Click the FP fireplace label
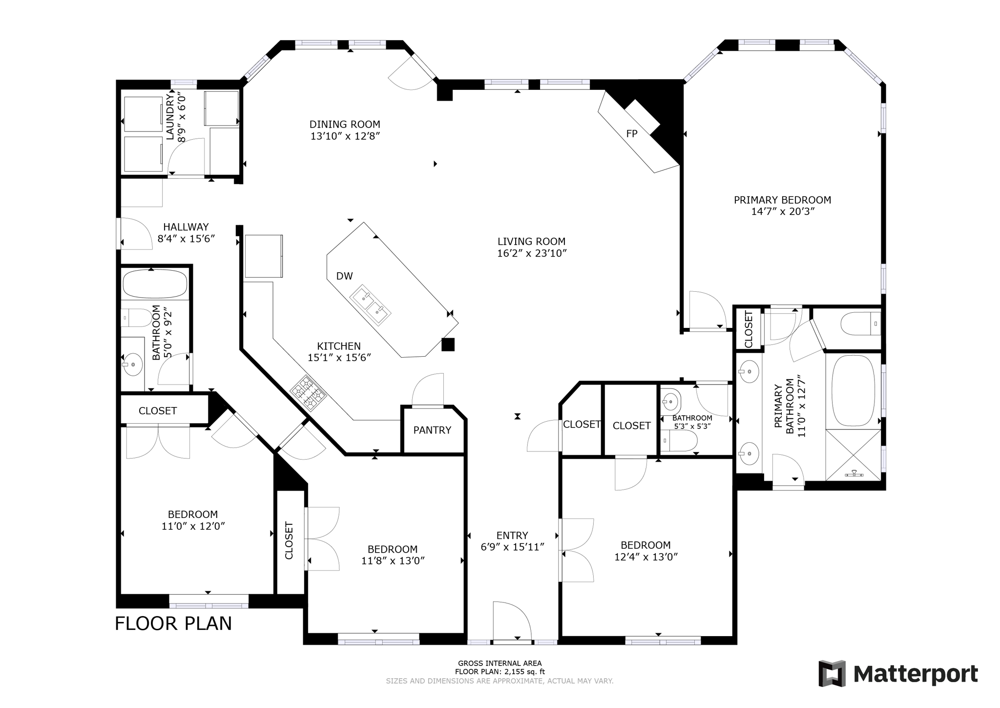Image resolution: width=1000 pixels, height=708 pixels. [x=631, y=133]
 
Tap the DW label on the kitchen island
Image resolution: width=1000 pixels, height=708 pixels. [x=344, y=276]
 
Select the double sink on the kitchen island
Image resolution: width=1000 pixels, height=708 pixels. [x=370, y=304]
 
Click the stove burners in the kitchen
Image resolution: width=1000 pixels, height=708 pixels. [x=308, y=392]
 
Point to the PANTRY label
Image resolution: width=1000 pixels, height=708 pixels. [x=432, y=430]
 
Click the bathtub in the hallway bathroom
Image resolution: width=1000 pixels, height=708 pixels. [x=155, y=283]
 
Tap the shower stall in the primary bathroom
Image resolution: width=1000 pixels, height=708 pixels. [x=853, y=454]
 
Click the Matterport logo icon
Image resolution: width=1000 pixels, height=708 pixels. [x=832, y=673]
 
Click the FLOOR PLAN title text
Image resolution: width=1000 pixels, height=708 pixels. [x=173, y=623]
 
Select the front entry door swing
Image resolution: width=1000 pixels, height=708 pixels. [x=510, y=621]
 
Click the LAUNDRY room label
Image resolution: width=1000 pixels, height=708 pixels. [x=170, y=117]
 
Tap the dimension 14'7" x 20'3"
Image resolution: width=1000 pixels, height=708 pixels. [x=783, y=212]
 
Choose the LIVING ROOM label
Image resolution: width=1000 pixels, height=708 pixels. [x=531, y=241]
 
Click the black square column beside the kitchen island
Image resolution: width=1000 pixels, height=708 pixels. [x=448, y=344]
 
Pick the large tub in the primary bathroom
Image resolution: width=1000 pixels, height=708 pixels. [x=853, y=390]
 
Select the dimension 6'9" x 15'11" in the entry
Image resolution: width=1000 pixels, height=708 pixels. [x=512, y=547]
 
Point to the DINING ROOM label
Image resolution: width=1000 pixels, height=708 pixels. [x=345, y=124]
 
